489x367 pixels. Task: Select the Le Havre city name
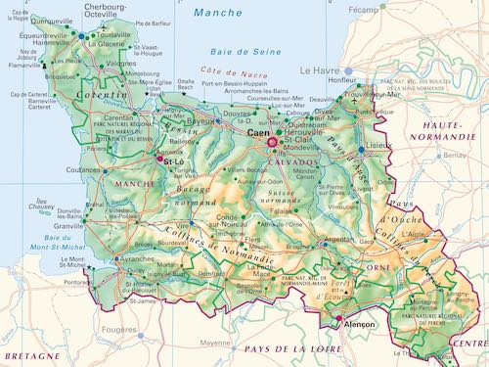[319, 70]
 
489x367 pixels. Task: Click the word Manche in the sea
[217, 13]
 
